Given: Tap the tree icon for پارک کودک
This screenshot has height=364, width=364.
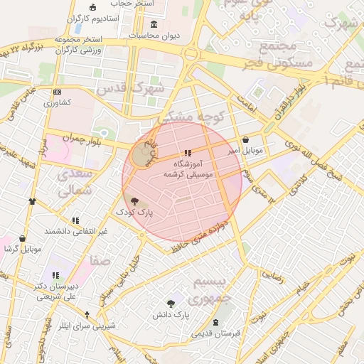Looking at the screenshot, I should click(135, 201).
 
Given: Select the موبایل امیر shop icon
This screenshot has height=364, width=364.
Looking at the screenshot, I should click(246, 140).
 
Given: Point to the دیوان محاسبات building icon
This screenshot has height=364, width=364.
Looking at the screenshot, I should click(154, 24).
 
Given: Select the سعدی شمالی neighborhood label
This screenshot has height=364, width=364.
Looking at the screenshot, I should click(74, 182).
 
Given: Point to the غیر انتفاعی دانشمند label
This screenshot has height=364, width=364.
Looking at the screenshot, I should click(75, 231).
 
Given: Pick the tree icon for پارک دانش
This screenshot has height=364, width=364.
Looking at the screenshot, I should click(171, 304).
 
